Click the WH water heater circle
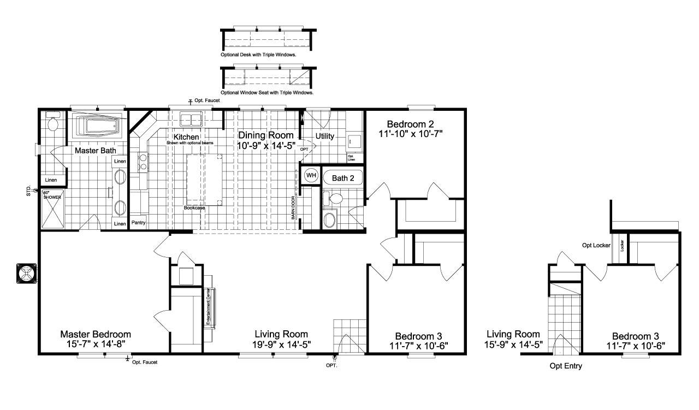tap(311, 175)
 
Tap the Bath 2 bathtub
tap(343, 178)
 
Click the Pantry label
tap(138, 223)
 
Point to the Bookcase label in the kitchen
tap(194, 208)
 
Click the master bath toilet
tap(54, 124)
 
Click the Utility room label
tap(325, 136)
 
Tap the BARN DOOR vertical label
tap(293, 207)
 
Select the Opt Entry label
tap(565, 366)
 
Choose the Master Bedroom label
tap(95, 334)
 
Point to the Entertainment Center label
tap(209, 307)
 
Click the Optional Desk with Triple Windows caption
tap(262, 55)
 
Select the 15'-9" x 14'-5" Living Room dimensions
tap(513, 344)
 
